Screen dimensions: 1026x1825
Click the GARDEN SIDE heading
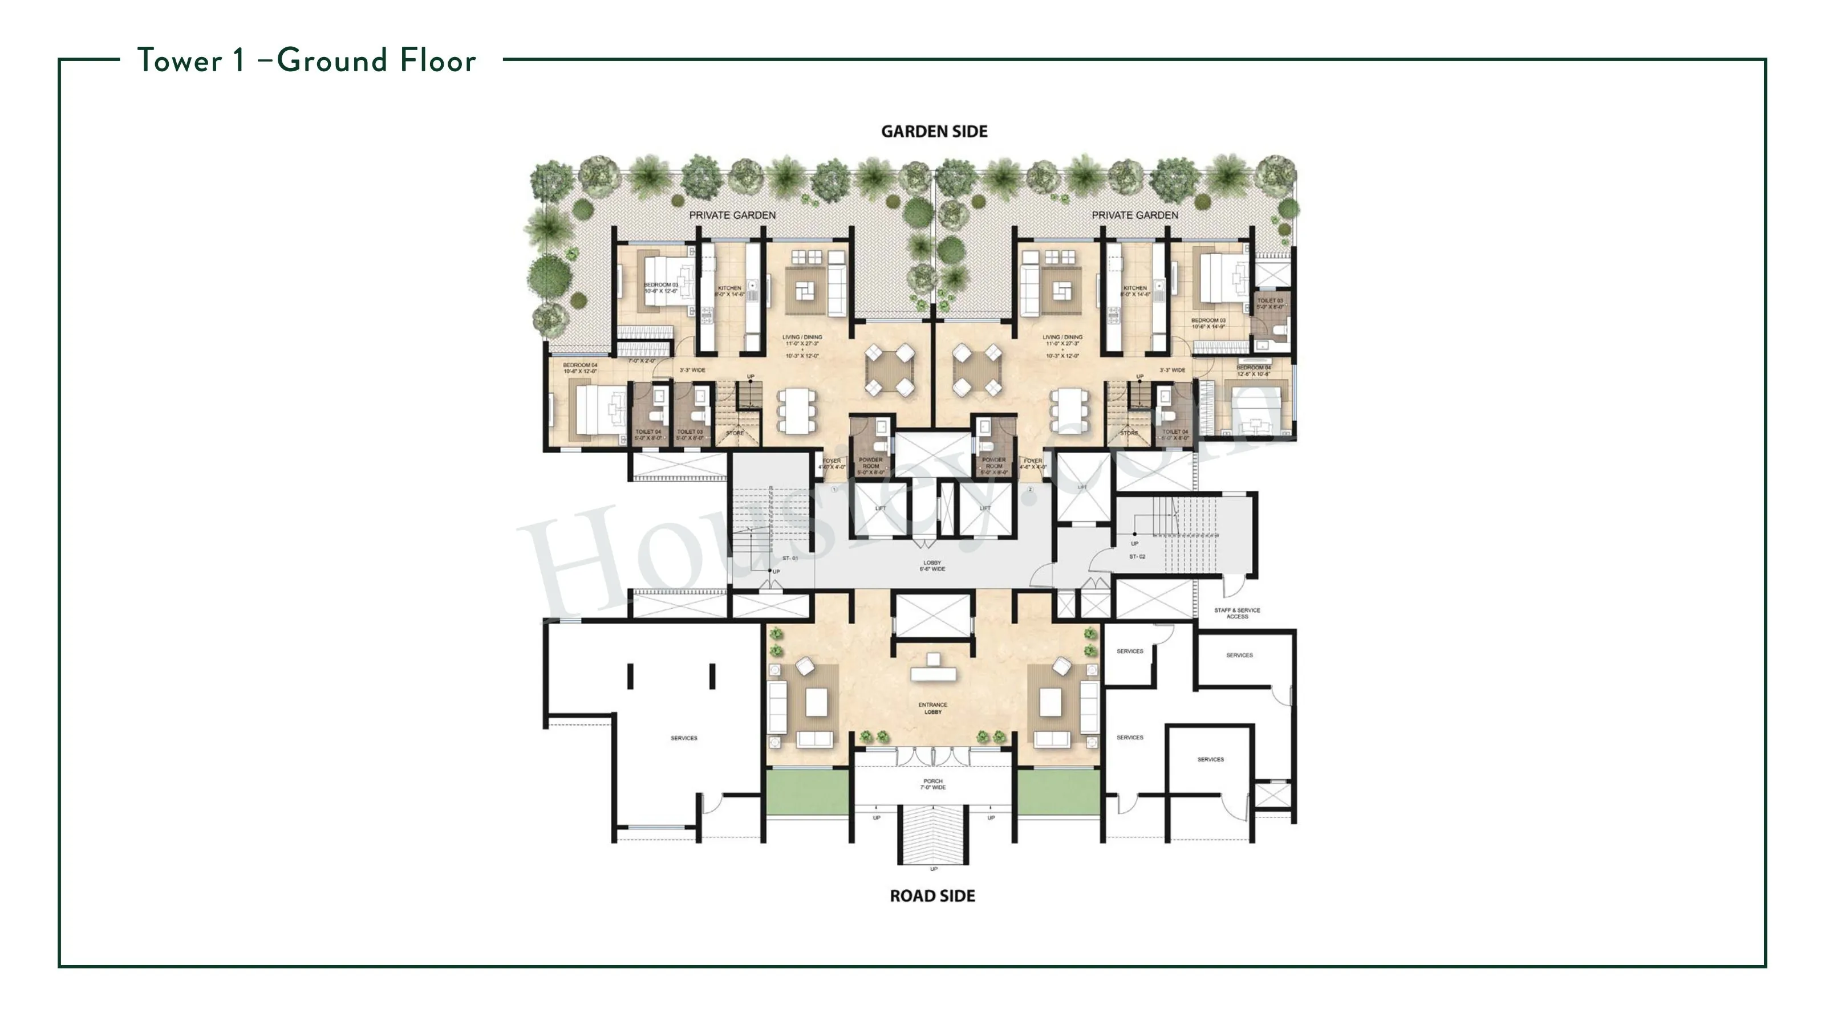934,132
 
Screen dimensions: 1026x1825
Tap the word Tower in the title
180,61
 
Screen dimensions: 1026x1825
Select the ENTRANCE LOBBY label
932,708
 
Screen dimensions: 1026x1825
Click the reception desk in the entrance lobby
933,670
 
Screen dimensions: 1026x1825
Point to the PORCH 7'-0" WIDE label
933,784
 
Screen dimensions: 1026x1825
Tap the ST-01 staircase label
790,559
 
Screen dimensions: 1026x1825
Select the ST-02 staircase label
1137,556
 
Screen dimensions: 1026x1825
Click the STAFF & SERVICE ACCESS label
1237,613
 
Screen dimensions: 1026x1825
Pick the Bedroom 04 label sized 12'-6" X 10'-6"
1254,371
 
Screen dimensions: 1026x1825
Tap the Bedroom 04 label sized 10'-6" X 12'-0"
579,368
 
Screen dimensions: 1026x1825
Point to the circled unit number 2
1030,489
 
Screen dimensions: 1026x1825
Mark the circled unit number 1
834,489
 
